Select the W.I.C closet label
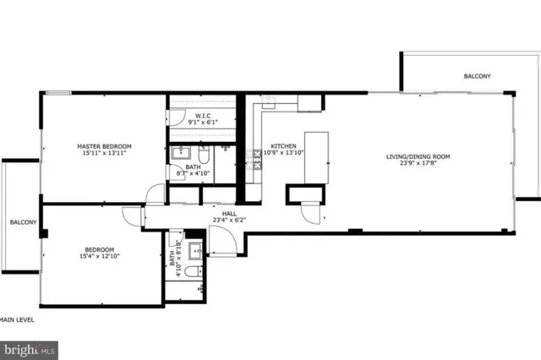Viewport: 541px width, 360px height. click(x=203, y=116)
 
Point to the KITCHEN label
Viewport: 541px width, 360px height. click(x=282, y=145)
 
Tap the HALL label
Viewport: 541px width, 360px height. click(x=229, y=214)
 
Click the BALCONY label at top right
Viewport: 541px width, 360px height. click(x=477, y=77)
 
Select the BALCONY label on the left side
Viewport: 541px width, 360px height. click(x=23, y=222)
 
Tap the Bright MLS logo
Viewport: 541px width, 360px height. click(x=29, y=347)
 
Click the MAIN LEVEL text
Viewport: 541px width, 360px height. click(x=17, y=319)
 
